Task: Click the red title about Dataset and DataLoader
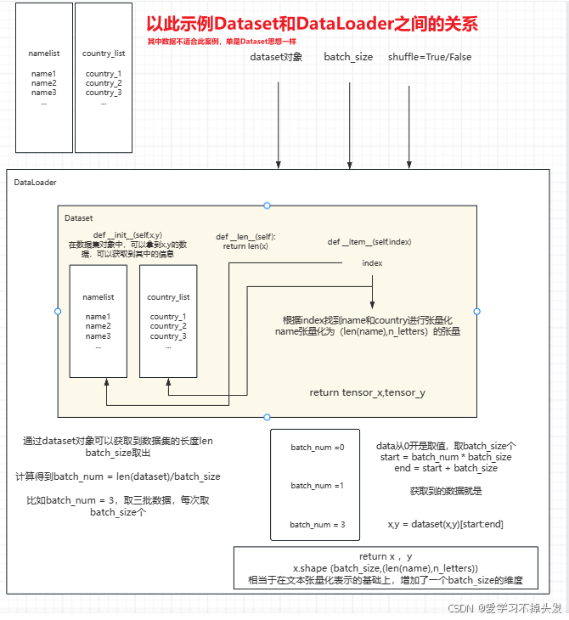[x=312, y=25]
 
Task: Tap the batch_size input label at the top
[x=348, y=57]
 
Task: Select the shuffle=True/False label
[x=430, y=57]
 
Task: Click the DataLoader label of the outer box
[x=36, y=183]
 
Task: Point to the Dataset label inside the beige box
[x=79, y=218]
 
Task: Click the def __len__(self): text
[x=245, y=237]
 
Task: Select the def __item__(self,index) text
[x=369, y=242]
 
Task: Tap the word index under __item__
[x=372, y=263]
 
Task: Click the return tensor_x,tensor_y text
[x=367, y=392]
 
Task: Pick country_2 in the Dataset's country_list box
[x=168, y=326]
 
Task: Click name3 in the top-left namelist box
[x=43, y=93]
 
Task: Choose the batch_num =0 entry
[x=318, y=448]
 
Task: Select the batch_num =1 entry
[x=318, y=486]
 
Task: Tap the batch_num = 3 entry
[x=318, y=525]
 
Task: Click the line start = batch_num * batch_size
[x=446, y=457]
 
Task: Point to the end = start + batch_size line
[x=446, y=468]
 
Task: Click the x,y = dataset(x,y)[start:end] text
[x=446, y=525]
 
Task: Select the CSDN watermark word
[x=460, y=608]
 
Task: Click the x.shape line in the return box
[x=385, y=568]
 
